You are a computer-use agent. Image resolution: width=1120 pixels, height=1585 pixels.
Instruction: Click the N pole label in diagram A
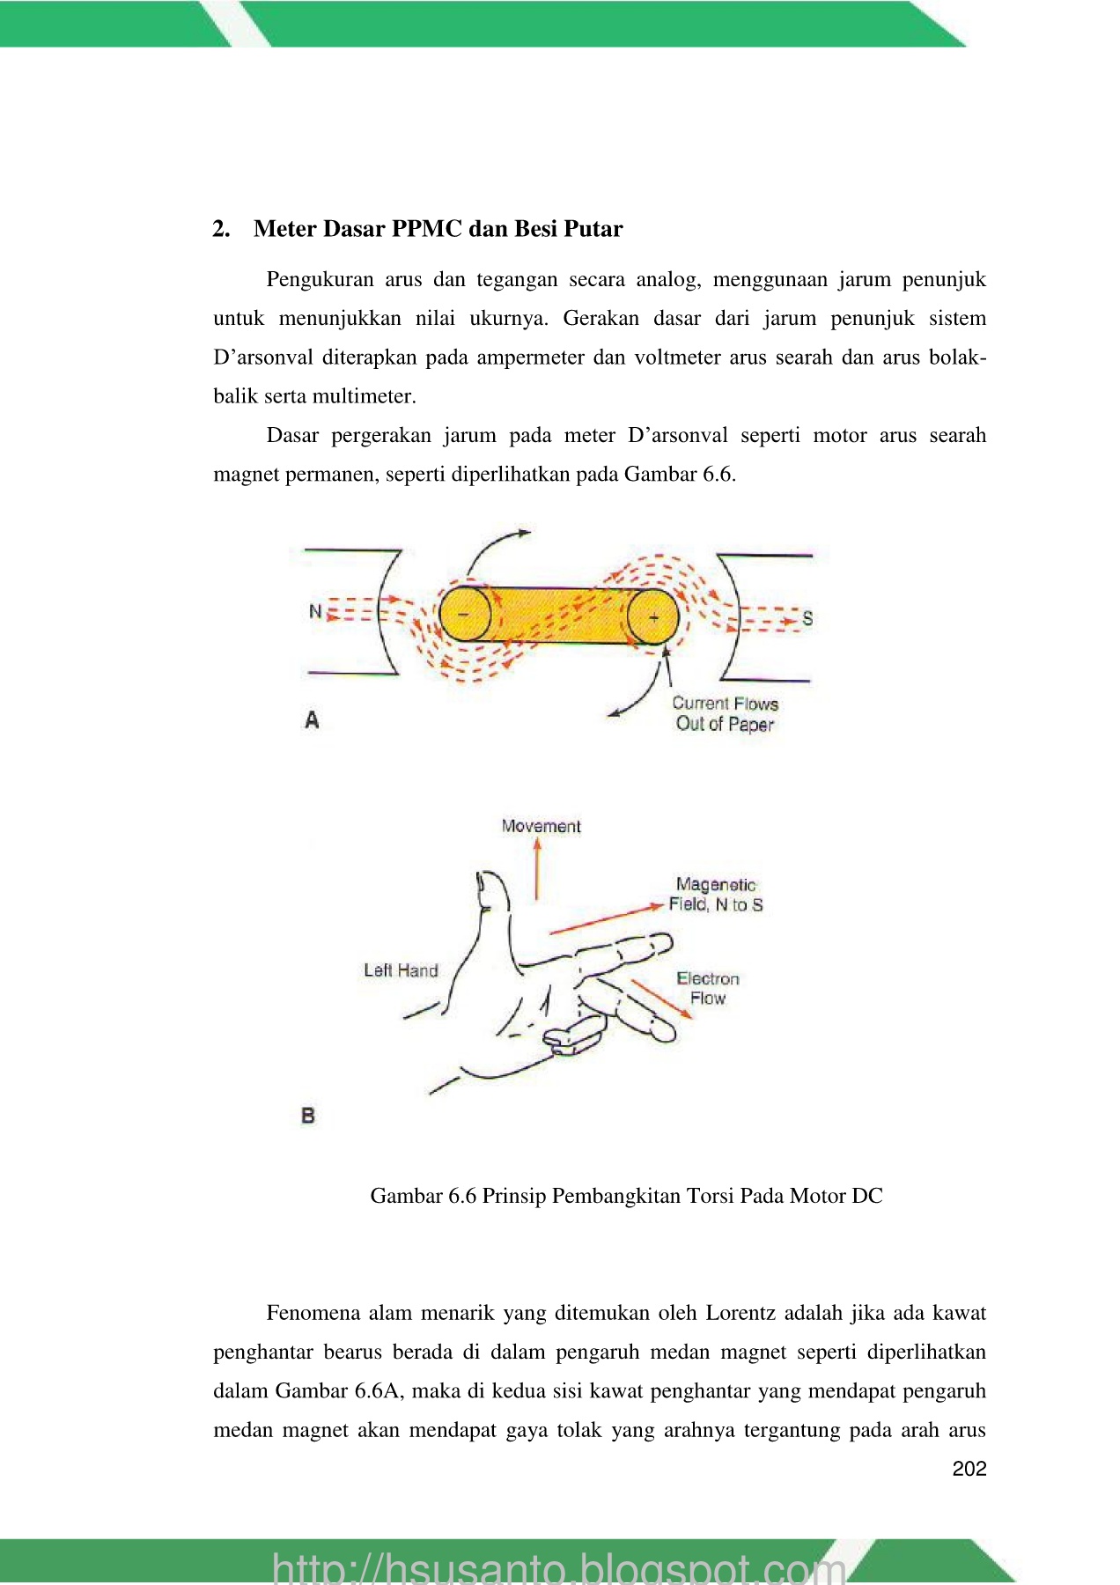(315, 611)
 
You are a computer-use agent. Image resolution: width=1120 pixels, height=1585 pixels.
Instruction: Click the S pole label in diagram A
(807, 618)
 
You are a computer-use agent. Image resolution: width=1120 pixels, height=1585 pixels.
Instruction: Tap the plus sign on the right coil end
(653, 617)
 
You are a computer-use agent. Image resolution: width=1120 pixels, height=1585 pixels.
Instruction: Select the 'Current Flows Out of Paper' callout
(725, 714)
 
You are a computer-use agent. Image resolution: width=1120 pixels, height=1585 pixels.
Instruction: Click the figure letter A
(312, 720)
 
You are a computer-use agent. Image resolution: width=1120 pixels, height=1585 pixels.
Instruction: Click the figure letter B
(308, 1116)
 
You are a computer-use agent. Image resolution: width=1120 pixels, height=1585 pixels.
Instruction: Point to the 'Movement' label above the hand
(541, 826)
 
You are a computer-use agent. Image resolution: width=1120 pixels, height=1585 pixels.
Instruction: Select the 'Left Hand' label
(401, 970)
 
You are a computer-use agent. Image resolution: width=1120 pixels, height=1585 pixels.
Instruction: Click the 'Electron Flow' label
(708, 988)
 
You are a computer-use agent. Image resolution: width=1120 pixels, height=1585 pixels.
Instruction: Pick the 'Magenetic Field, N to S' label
(716, 895)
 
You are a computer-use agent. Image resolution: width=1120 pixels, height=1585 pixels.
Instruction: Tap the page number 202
(969, 1469)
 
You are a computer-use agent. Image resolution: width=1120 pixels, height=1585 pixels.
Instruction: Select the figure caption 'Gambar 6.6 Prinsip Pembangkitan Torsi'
(626, 1196)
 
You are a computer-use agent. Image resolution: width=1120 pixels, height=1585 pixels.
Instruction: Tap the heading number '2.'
(222, 229)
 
